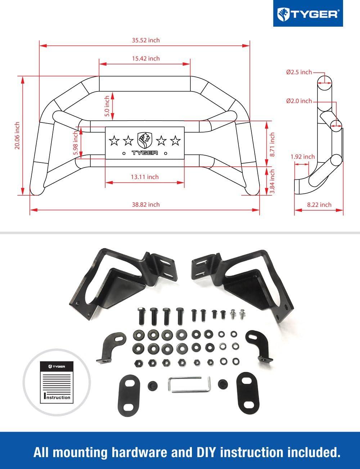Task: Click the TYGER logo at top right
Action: (x=307, y=14)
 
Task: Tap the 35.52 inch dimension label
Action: (x=145, y=40)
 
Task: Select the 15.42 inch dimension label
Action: (x=145, y=58)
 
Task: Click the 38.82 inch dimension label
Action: (x=145, y=204)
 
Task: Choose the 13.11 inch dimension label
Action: (x=144, y=177)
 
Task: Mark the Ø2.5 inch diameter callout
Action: (x=299, y=72)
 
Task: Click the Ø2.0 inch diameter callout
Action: (x=299, y=101)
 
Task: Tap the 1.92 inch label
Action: (x=302, y=157)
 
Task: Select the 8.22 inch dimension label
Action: (x=319, y=205)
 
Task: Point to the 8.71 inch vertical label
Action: (x=272, y=144)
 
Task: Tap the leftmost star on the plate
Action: (x=114, y=140)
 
